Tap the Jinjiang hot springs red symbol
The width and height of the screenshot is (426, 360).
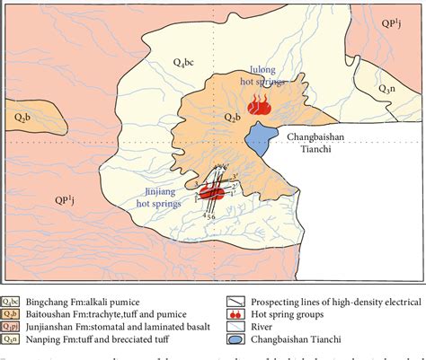click(212, 191)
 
